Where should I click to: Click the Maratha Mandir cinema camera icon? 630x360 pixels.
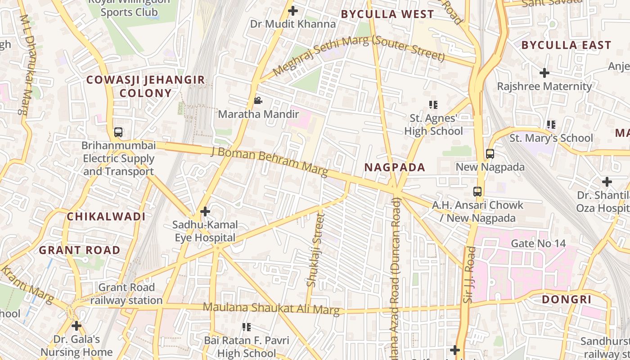point(258,100)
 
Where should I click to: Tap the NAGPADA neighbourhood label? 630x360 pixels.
point(394,167)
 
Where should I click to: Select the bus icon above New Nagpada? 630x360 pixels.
point(490,154)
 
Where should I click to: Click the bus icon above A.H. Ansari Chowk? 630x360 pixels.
point(477,192)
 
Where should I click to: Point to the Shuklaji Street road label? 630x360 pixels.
point(315,250)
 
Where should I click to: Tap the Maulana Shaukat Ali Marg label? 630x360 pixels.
point(271,309)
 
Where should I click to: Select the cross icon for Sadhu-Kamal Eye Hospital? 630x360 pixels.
point(205,211)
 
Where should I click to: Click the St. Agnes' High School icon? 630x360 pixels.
point(433,105)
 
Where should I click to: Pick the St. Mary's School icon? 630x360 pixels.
point(551,125)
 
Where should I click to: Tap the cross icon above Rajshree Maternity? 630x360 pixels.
point(544,72)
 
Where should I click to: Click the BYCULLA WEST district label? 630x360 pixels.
point(387,14)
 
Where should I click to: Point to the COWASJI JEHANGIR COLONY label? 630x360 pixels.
point(145,86)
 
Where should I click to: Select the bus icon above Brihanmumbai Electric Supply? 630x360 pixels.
point(118,132)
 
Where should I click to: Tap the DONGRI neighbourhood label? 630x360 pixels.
point(566,300)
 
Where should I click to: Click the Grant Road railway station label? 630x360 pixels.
point(126,293)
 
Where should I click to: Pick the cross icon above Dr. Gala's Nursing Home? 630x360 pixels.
point(76,325)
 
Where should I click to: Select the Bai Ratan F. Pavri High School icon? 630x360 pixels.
point(246,327)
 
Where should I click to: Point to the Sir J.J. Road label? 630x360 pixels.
point(468,274)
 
